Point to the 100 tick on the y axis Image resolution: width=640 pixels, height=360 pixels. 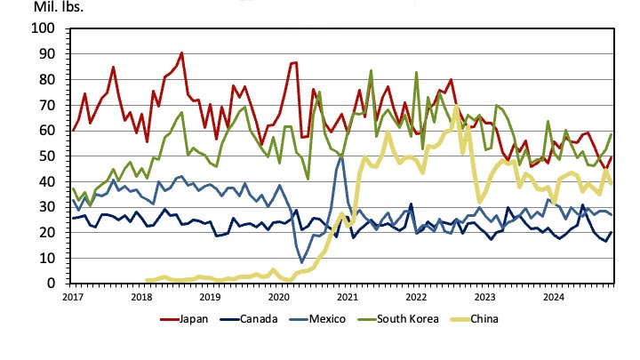tap(44, 28)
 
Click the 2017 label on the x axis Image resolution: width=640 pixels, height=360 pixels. tap(72, 295)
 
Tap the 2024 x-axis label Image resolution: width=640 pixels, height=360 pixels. tap(554, 295)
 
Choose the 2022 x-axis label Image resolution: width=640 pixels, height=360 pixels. tap(416, 295)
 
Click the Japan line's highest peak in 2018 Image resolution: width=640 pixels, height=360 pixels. tap(181, 52)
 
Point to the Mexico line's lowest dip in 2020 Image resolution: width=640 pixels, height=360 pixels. tap(303, 262)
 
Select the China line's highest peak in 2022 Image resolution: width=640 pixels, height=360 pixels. tap(456, 108)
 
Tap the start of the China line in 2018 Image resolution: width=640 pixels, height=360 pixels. tap(147, 280)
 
